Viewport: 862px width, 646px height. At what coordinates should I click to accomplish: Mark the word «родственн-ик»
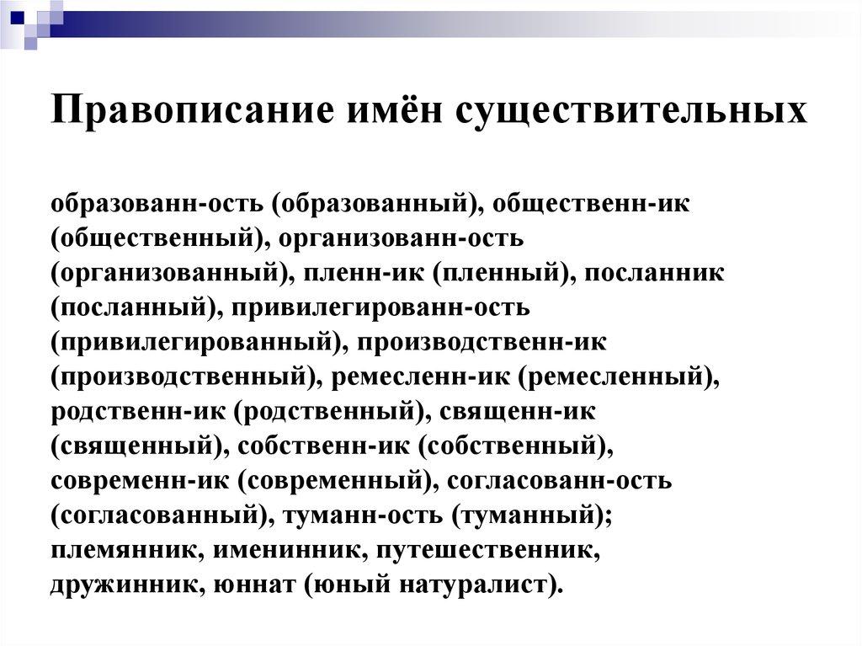(x=136, y=412)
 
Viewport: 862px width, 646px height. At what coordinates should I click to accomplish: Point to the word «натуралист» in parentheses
(x=471, y=585)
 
